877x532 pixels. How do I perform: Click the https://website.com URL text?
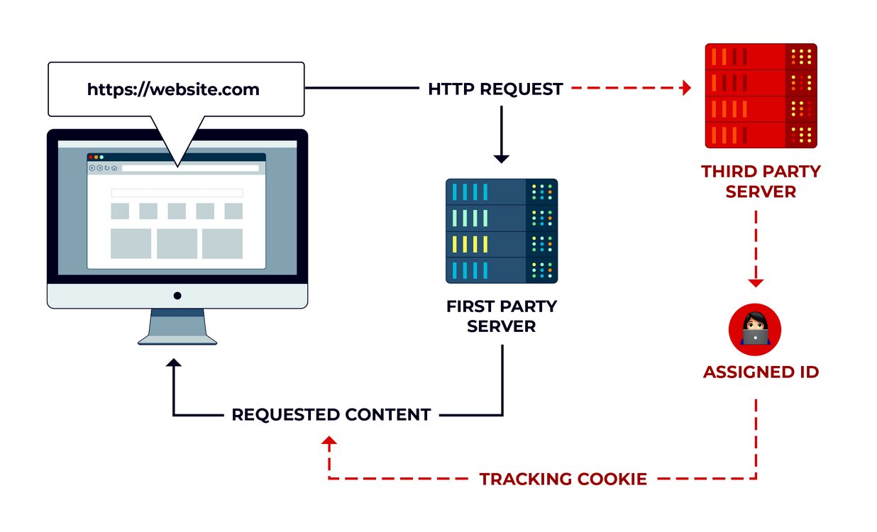tap(173, 89)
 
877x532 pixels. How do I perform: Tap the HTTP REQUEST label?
tap(495, 89)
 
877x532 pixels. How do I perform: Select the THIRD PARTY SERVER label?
tap(761, 182)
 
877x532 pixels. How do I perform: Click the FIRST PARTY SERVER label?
tap(502, 316)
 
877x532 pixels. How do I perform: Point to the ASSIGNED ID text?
tap(761, 372)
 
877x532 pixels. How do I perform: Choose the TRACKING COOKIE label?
tap(563, 479)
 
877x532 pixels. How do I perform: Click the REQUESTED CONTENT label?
tap(331, 414)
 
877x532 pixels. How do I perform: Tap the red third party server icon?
tap(761, 96)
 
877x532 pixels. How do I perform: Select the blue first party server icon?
tap(502, 231)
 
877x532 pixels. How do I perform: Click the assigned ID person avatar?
tap(755, 330)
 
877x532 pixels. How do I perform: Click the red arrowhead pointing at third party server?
tap(685, 88)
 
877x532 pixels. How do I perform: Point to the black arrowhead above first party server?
tap(501, 159)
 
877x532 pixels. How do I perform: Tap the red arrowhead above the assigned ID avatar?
tap(756, 283)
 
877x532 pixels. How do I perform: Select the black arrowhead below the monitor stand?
tap(173, 362)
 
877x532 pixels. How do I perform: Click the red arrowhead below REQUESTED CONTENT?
tap(329, 440)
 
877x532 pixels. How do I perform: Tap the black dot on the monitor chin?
tap(177, 296)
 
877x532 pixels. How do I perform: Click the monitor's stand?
tap(177, 327)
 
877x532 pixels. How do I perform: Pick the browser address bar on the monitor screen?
tap(190, 168)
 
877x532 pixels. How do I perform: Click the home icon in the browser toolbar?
tap(114, 168)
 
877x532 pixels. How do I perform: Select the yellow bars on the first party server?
tap(470, 244)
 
